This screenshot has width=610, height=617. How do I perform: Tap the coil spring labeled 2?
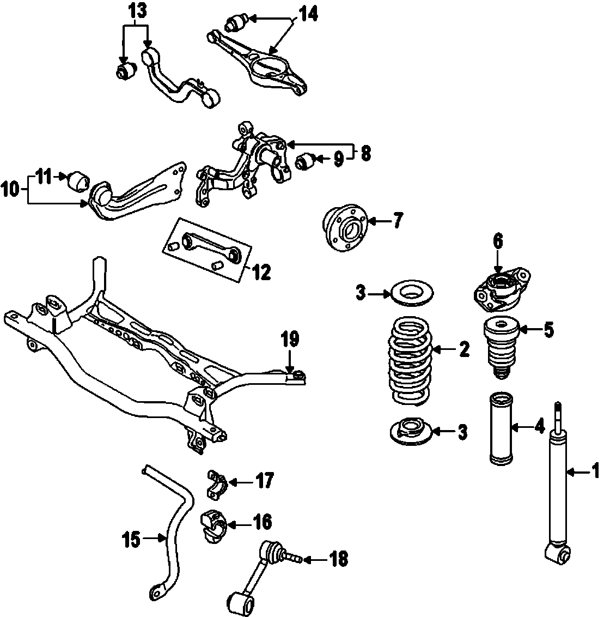tap(410, 362)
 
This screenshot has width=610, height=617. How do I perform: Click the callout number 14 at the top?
tap(307, 16)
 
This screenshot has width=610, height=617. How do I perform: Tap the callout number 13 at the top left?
tap(138, 10)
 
